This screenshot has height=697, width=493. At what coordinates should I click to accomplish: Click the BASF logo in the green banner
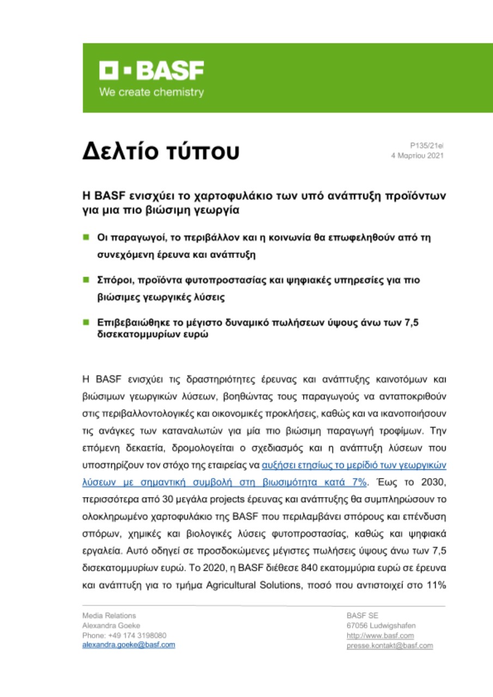tap(151, 70)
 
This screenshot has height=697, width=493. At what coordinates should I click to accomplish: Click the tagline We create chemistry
tap(151, 92)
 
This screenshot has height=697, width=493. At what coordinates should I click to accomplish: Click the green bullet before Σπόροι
tap(86, 280)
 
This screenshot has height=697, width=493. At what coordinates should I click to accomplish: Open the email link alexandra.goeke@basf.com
tap(129, 645)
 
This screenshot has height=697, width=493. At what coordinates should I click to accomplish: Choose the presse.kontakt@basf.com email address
tap(389, 645)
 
